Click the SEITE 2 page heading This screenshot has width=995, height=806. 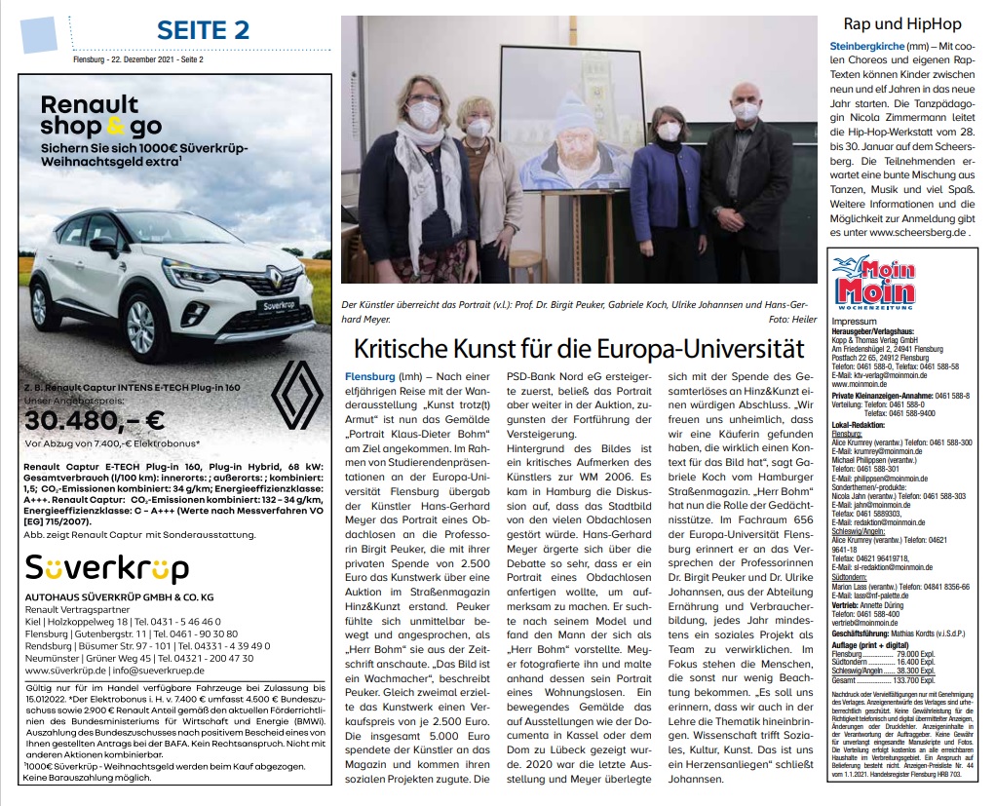point(204,29)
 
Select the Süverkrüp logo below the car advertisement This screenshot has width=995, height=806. point(94,568)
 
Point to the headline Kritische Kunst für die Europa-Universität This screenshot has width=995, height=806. point(579,349)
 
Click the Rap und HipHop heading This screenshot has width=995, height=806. point(901,23)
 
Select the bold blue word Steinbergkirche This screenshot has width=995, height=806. point(863,46)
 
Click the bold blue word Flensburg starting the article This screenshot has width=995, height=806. point(368,375)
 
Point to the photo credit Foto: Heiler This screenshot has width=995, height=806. point(791,320)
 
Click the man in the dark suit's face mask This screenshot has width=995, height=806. point(746,111)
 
